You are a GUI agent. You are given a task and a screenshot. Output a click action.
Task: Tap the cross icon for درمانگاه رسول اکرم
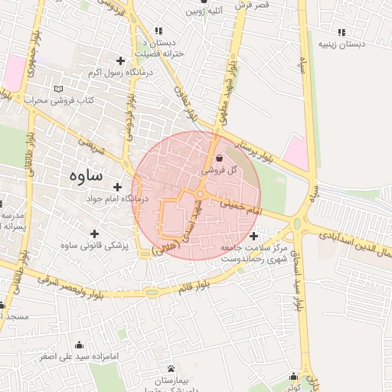[x=119, y=60]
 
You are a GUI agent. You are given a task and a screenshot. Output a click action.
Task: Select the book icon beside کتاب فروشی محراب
[x=59, y=90]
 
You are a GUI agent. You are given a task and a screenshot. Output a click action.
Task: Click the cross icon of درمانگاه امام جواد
[x=117, y=187]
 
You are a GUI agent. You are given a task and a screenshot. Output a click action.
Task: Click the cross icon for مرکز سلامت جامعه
[x=253, y=236]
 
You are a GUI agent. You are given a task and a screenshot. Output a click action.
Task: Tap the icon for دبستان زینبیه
[x=341, y=32]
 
